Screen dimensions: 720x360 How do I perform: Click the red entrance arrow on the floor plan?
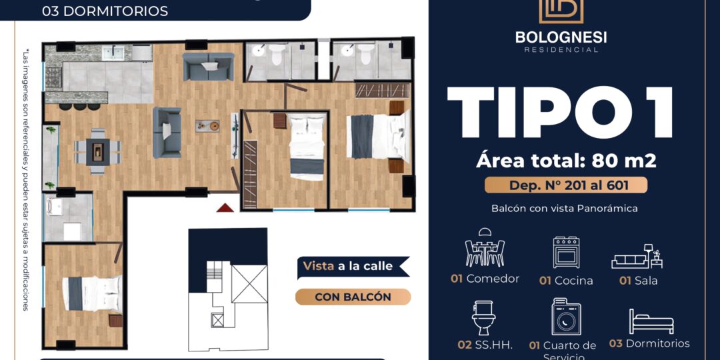point(225,208)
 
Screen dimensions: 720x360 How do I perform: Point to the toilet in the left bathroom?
point(277,54)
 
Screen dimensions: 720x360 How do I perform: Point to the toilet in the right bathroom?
point(365,54)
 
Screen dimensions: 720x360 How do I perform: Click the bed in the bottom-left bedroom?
point(92,293)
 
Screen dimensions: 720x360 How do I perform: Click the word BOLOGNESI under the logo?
point(561,37)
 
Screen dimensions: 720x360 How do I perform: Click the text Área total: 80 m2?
point(566,161)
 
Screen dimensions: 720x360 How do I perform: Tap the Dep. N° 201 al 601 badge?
point(566,185)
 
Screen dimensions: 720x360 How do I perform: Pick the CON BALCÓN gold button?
point(353,297)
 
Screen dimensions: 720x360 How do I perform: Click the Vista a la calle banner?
point(353,266)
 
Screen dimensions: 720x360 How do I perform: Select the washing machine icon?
point(566,317)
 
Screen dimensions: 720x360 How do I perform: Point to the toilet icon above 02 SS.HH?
point(483,318)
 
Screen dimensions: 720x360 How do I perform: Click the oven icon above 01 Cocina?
point(566,252)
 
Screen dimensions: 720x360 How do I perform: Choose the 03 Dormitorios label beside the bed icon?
point(649,343)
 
